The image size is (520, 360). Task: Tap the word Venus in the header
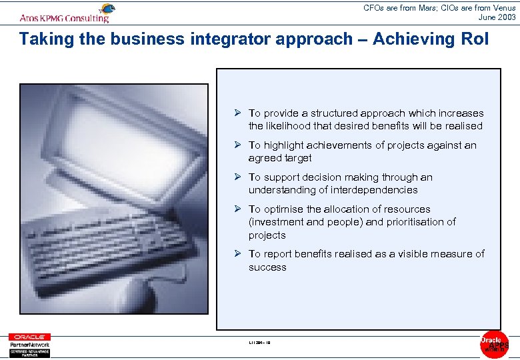[502, 8]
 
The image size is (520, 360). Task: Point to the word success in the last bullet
[267, 267]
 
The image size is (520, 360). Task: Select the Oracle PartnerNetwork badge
[29, 345]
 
